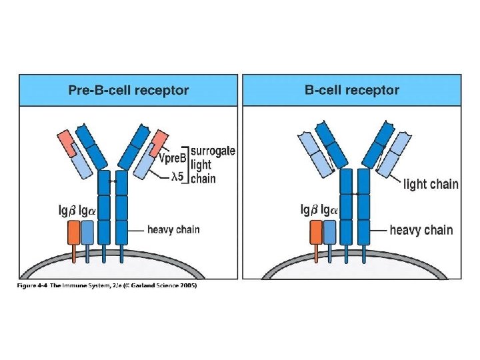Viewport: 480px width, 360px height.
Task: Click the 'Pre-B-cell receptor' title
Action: click(x=129, y=90)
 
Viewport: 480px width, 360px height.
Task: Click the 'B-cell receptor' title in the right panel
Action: click(x=352, y=90)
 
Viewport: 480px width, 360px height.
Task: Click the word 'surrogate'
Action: click(x=213, y=151)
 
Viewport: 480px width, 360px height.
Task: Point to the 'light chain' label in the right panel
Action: click(x=431, y=184)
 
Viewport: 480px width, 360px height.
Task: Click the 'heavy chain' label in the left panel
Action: click(x=173, y=230)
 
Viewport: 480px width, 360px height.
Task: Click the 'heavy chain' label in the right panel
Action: click(x=421, y=230)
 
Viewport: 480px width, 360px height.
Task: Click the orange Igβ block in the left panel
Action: click(x=73, y=232)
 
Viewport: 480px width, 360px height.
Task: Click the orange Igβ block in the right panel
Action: click(x=317, y=232)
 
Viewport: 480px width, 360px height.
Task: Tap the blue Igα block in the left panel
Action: click(x=89, y=232)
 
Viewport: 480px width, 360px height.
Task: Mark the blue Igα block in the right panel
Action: click(x=330, y=232)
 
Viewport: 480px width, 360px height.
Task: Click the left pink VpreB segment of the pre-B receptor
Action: click(x=67, y=142)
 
